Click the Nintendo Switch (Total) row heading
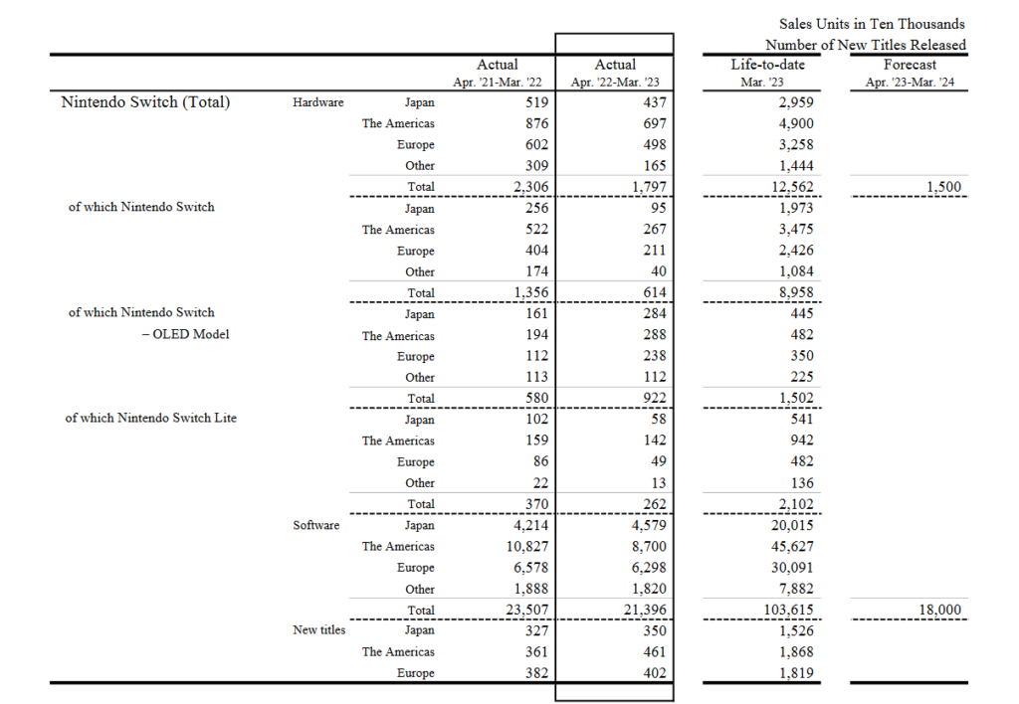(145, 101)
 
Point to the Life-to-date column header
(767, 65)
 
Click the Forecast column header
(909, 65)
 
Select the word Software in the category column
(316, 525)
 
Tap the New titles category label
(319, 630)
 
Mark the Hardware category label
(318, 102)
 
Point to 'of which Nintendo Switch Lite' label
(151, 419)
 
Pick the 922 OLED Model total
(651, 398)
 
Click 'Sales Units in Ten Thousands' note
(872, 24)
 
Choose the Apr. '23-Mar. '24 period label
(909, 83)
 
